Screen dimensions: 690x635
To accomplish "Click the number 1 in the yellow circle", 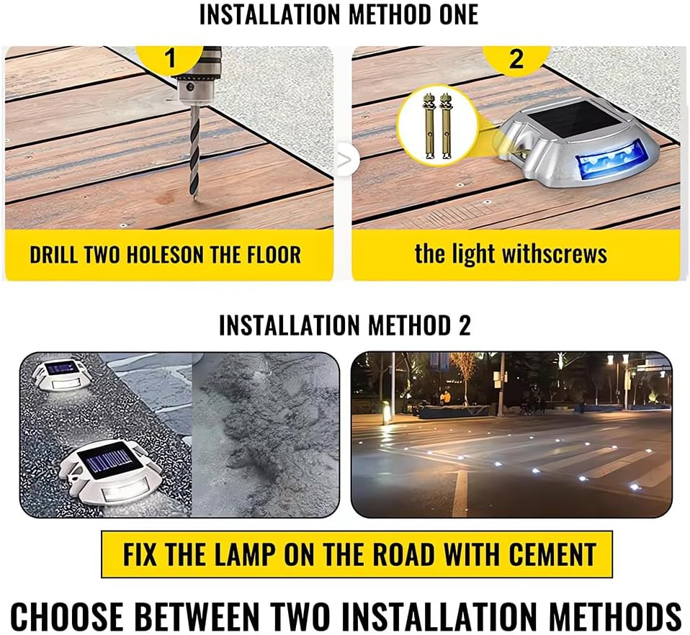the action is pos(170,58).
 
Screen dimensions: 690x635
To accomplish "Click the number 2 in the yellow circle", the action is pos(516,58).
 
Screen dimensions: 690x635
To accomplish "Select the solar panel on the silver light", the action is pos(563,120).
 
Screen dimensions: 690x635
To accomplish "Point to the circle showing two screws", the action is pos(438,126).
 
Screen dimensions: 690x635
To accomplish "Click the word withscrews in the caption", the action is pos(554,254).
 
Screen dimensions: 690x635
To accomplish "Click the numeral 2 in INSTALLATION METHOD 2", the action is pos(465,325).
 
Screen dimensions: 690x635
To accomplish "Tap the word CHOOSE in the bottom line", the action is pos(67,616).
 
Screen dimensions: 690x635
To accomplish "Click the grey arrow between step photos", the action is pos(345,160).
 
